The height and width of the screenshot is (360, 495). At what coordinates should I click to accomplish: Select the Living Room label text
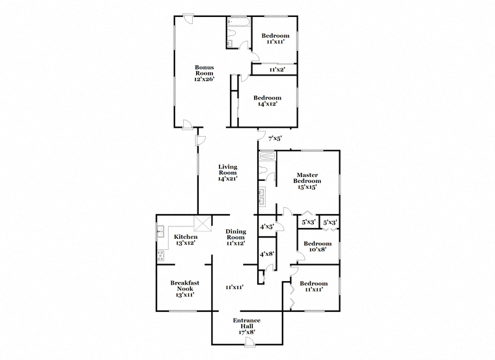228,171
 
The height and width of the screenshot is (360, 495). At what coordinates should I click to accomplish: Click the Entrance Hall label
247,324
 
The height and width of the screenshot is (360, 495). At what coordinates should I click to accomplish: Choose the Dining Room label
235,236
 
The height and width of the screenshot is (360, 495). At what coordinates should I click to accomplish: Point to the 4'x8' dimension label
267,255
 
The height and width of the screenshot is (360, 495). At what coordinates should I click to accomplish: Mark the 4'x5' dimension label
267,227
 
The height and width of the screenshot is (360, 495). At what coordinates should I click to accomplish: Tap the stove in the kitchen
160,256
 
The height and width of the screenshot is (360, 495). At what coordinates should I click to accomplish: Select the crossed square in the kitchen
204,224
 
